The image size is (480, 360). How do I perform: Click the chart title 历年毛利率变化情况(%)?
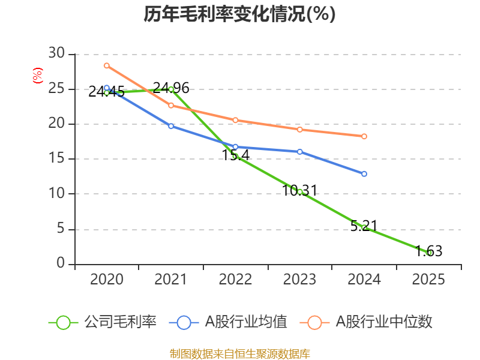(239, 14)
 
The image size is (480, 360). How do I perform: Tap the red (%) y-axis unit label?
(37, 76)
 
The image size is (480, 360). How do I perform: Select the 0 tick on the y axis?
(61, 263)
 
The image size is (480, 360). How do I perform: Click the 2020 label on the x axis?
(106, 280)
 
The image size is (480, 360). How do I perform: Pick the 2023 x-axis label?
(300, 280)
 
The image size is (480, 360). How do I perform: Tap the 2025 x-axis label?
(428, 280)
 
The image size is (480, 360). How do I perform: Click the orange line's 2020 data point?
(106, 65)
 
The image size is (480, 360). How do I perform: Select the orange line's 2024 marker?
(364, 136)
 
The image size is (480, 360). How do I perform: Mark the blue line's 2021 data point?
(171, 126)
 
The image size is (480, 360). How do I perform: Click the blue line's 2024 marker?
(364, 174)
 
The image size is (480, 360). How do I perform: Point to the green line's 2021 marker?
(171, 89)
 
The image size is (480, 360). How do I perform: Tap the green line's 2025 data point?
(428, 253)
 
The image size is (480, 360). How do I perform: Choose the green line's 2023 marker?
(300, 191)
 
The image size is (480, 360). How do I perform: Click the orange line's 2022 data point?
(235, 120)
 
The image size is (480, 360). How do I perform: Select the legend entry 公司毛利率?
(103, 322)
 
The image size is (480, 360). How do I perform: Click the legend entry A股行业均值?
(228, 322)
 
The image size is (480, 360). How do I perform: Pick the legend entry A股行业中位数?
(367, 322)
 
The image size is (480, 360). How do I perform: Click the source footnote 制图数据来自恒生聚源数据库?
(239, 353)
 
